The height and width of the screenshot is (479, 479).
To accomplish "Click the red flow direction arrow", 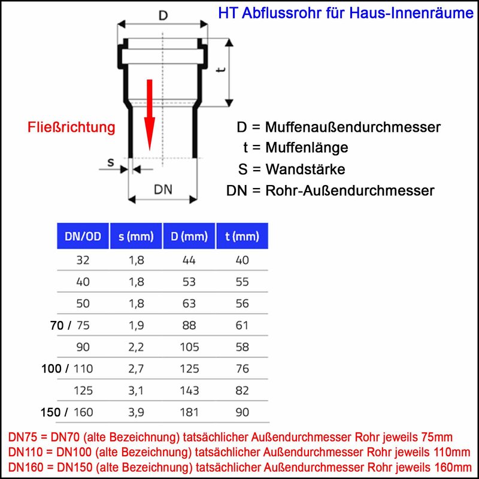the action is coord(149,115).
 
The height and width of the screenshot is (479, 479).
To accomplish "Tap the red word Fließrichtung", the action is coord(71,127).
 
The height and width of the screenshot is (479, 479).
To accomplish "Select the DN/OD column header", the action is coord(83,236).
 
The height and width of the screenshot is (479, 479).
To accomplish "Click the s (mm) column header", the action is coord(136,236).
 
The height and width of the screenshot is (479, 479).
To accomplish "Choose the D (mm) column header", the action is coord(189,236).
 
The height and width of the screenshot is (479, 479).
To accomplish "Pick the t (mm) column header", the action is coord(242,236).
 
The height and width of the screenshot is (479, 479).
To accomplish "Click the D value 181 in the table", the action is coord(189,412).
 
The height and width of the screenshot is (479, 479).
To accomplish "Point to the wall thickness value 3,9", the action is coord(136,413).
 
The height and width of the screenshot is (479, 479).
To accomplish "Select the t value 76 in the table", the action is coord(242,369).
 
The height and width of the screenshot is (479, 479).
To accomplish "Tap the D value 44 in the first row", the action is coord(189,260).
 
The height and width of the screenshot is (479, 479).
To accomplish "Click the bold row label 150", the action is coord(51,412).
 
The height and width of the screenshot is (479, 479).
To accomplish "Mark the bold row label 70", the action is coord(57,325).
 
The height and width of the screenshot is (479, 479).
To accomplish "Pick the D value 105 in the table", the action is coord(189,347).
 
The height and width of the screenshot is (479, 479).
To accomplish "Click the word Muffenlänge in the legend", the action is coord(307,147).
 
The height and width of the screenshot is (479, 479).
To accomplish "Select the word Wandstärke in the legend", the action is coord(305,169).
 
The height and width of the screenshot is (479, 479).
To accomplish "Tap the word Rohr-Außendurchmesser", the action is coord(350,190).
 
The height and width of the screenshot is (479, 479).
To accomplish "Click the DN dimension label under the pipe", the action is coord(163,189).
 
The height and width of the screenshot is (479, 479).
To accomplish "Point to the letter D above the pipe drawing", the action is coord(163,16).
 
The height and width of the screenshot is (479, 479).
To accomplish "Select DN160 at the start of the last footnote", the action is coord(26,467).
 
